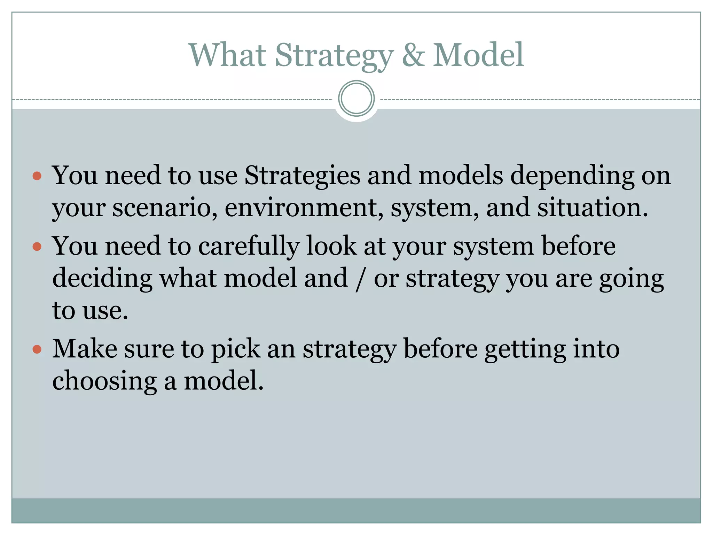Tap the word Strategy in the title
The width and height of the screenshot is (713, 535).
click(x=334, y=56)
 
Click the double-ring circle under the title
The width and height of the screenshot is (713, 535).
click(x=356, y=99)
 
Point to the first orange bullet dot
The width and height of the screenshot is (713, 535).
click(x=37, y=176)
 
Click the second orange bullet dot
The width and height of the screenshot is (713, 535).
click(x=37, y=247)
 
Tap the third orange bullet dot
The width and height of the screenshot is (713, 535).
click(x=37, y=349)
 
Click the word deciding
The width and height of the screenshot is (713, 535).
click(x=102, y=279)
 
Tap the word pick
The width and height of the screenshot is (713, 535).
click(x=236, y=349)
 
